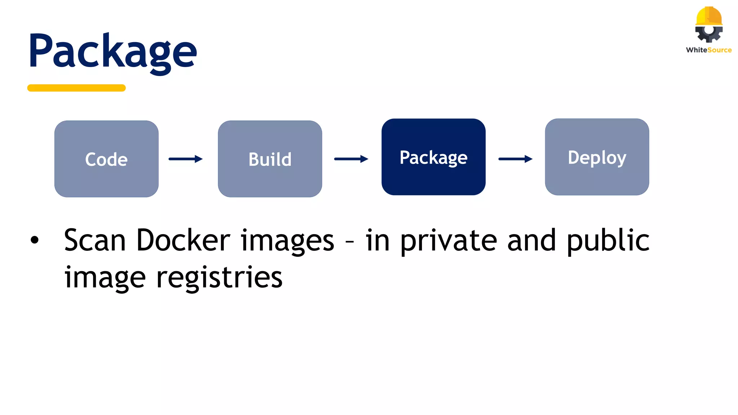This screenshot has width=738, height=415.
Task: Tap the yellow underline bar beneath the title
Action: (x=76, y=88)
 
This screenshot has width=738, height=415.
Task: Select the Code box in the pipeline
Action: (x=106, y=159)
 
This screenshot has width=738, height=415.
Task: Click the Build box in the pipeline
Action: (x=270, y=159)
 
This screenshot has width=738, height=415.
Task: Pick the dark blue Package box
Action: (x=434, y=157)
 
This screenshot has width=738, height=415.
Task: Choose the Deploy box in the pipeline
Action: (x=597, y=157)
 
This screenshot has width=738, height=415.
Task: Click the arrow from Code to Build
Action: (x=186, y=159)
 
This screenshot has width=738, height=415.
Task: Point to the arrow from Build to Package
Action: (x=351, y=159)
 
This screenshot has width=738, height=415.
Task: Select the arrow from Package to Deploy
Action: (x=515, y=159)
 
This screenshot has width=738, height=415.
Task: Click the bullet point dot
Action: (x=35, y=240)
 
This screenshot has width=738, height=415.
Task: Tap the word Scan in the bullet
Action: (x=95, y=240)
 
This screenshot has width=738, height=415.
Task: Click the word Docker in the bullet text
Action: (x=183, y=240)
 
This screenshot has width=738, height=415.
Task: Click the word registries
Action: (x=219, y=278)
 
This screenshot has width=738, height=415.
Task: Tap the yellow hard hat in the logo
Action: (x=709, y=16)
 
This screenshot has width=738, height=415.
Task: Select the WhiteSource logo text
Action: (x=709, y=50)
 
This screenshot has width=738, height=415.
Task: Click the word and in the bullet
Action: (x=532, y=240)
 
